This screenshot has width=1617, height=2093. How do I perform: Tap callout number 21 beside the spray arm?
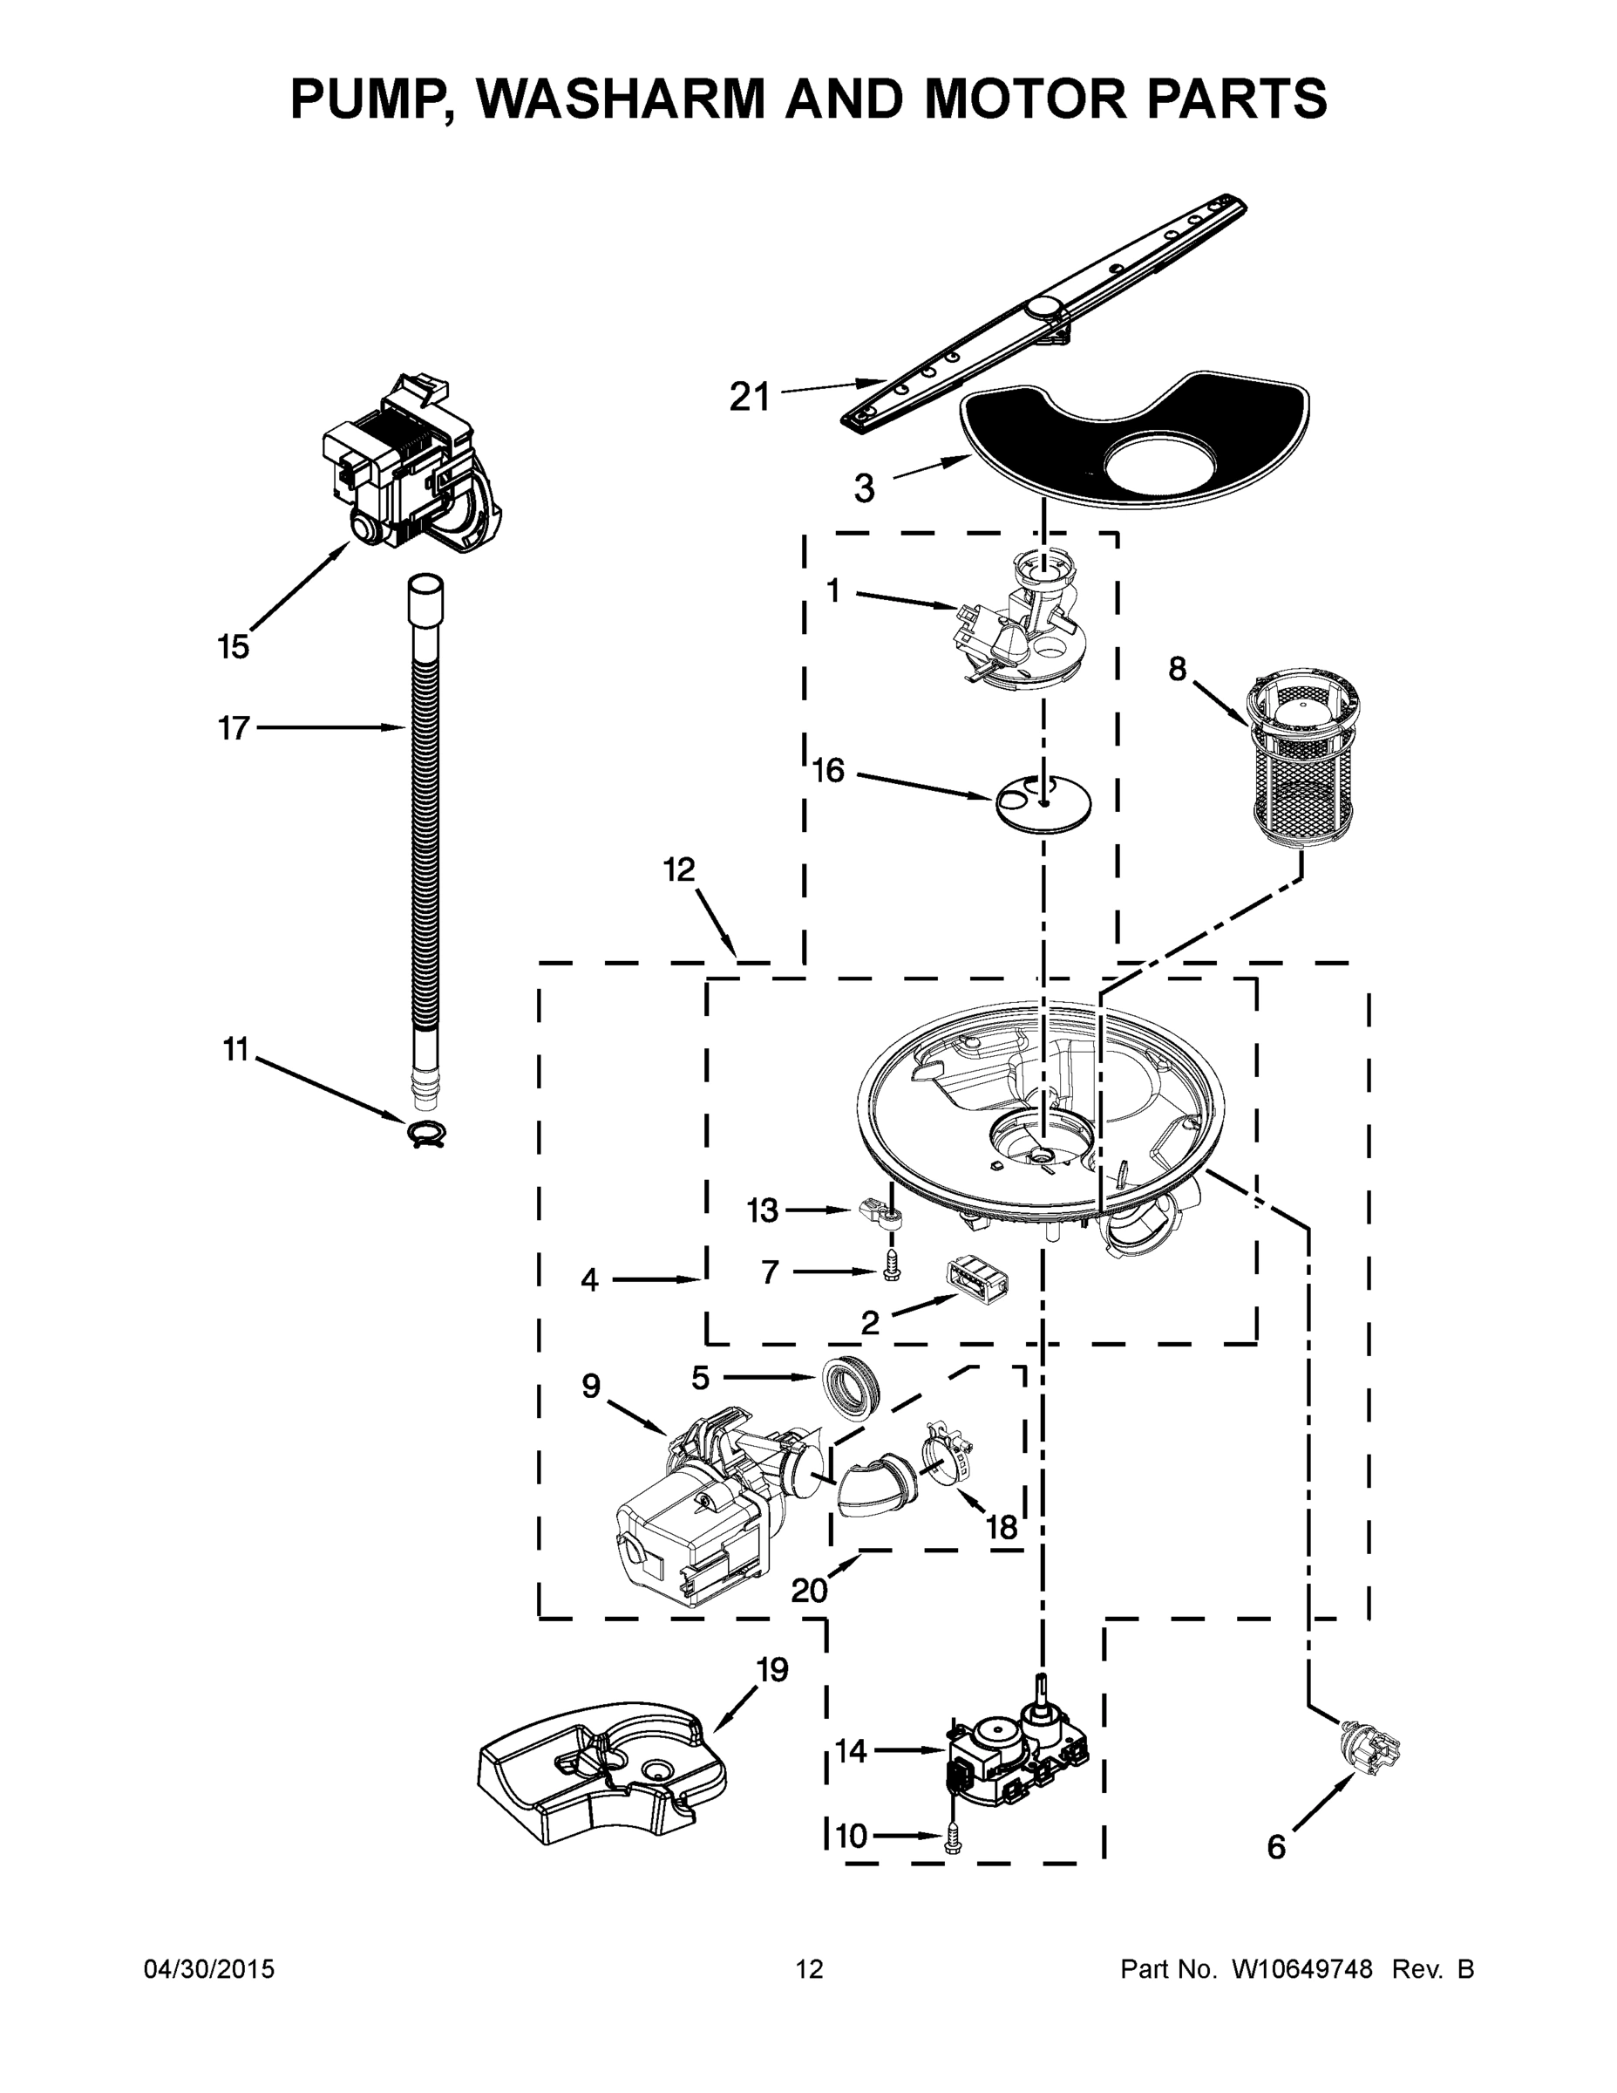749,396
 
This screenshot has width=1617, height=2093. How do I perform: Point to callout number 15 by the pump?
233,647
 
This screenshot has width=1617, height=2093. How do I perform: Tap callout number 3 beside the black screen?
864,488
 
